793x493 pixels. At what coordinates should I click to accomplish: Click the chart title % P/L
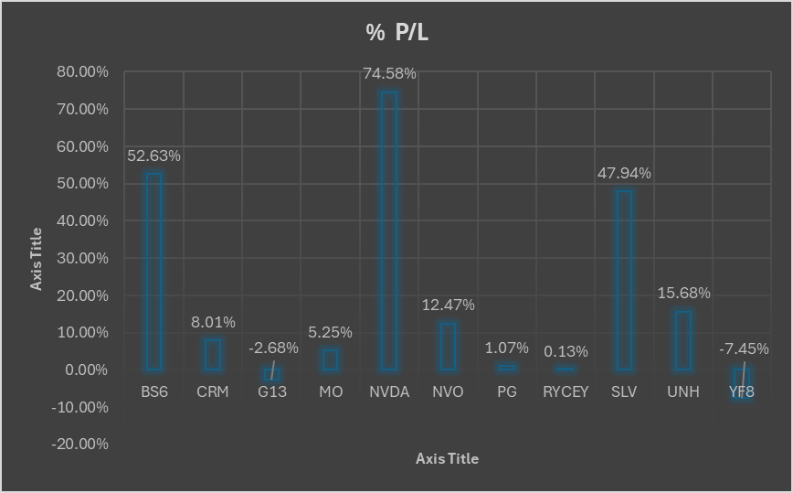point(396,32)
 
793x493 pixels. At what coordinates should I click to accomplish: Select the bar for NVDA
point(389,230)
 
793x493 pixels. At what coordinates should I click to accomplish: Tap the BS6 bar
point(153,272)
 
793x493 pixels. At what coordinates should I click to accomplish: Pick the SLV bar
point(624,280)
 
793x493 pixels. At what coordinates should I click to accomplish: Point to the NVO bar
point(448,347)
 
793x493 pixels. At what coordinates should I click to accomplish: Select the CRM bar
point(212,355)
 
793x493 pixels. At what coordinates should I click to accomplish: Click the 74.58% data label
point(389,73)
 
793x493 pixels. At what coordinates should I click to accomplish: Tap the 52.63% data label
point(153,155)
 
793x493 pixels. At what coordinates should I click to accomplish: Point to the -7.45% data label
point(743,348)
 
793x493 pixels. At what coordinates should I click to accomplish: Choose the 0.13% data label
point(566,351)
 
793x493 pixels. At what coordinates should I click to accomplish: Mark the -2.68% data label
point(273,348)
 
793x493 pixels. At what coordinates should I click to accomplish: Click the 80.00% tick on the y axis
point(83,71)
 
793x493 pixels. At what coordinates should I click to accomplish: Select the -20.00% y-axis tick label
point(80,445)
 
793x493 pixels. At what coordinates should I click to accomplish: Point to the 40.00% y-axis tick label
point(83,220)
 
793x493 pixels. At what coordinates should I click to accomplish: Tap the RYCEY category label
point(566,391)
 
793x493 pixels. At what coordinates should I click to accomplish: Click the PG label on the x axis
point(507,391)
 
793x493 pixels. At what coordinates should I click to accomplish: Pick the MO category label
point(330,391)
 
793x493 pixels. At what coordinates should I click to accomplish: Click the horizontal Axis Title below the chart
point(447,458)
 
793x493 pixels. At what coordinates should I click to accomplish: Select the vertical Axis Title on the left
point(37,259)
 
